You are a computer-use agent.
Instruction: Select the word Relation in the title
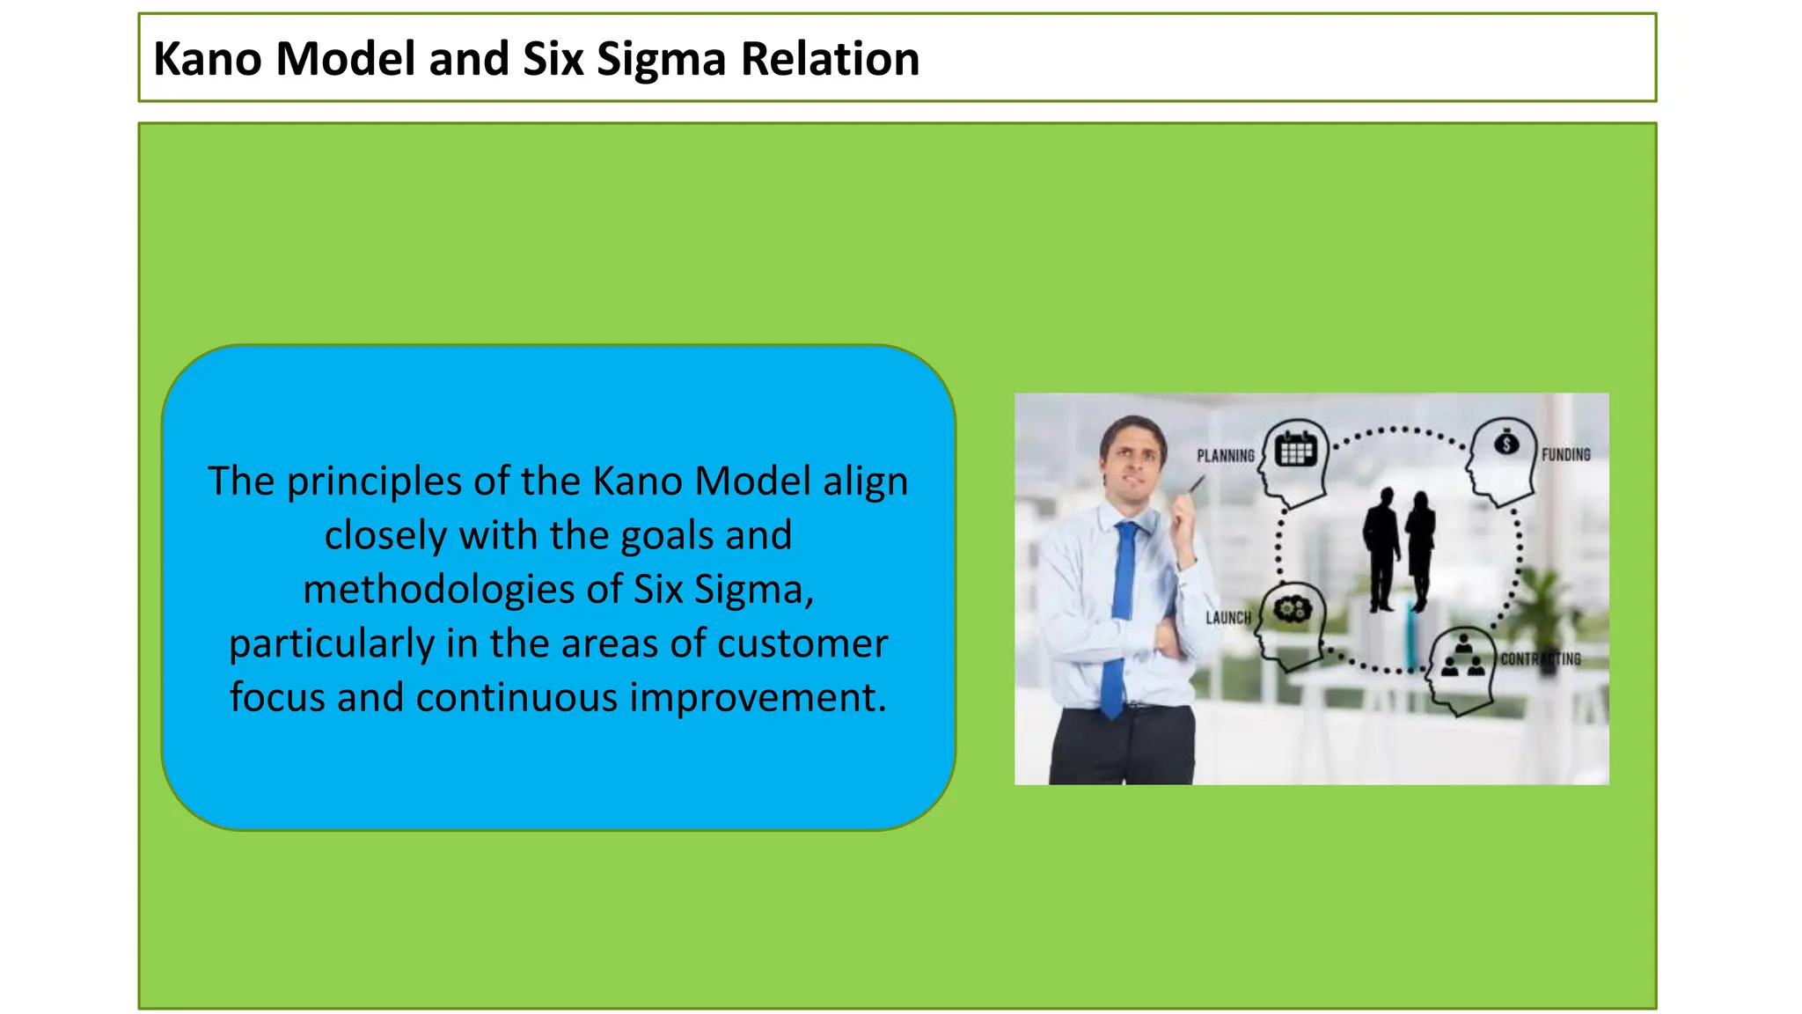pyautogui.click(x=830, y=59)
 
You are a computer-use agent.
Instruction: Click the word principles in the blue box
pyautogui.click(x=374, y=481)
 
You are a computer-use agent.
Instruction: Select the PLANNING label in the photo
pyautogui.click(x=1225, y=456)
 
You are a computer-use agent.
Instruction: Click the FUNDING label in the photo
pyautogui.click(x=1565, y=455)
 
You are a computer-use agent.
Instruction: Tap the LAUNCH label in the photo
pyautogui.click(x=1227, y=618)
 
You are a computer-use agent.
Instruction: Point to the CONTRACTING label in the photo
pyautogui.click(x=1540, y=658)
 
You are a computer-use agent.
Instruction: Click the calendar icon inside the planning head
pyautogui.click(x=1295, y=450)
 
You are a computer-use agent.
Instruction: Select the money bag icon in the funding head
pyautogui.click(x=1506, y=443)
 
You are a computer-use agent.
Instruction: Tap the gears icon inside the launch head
pyautogui.click(x=1293, y=608)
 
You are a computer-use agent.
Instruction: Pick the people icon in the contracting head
pyautogui.click(x=1462, y=658)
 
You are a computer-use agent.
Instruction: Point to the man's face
pyautogui.click(x=1132, y=458)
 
